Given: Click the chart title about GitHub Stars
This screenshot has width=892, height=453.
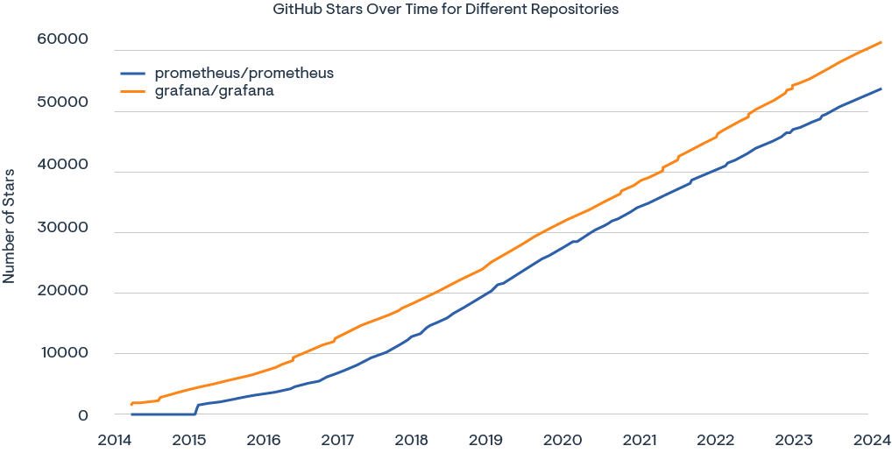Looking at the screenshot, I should tap(446, 10).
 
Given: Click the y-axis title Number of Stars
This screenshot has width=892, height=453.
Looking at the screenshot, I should tap(10, 226).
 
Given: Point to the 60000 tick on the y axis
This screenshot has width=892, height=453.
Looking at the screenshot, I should tap(63, 40).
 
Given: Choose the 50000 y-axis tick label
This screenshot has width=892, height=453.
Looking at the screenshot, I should tap(63, 103).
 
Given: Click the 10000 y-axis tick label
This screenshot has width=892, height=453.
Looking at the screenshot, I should tap(63, 353).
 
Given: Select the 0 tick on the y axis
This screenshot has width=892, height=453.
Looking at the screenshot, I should tap(82, 415).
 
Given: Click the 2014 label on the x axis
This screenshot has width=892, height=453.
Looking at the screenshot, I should tap(116, 439).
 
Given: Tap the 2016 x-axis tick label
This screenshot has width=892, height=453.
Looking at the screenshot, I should tap(264, 439).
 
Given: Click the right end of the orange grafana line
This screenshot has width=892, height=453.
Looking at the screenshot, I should tap(880, 42).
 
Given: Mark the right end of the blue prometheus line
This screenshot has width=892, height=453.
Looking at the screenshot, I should tap(880, 88).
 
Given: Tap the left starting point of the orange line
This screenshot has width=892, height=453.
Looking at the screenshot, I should tap(131, 404).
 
